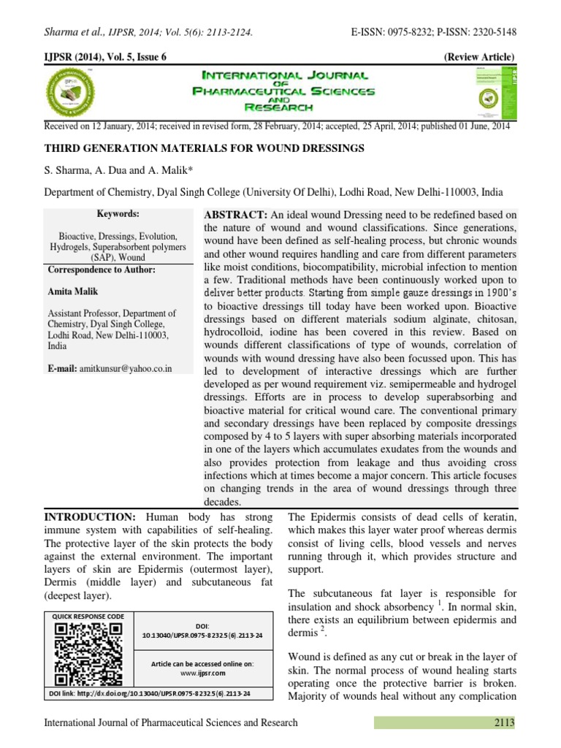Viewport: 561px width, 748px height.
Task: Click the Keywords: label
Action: pyautogui.click(x=118, y=214)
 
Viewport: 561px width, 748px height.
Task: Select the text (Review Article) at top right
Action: pyautogui.click(x=478, y=58)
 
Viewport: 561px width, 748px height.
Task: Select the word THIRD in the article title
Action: pyautogui.click(x=62, y=149)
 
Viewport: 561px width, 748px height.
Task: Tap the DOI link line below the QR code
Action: pyautogui.click(x=149, y=692)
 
